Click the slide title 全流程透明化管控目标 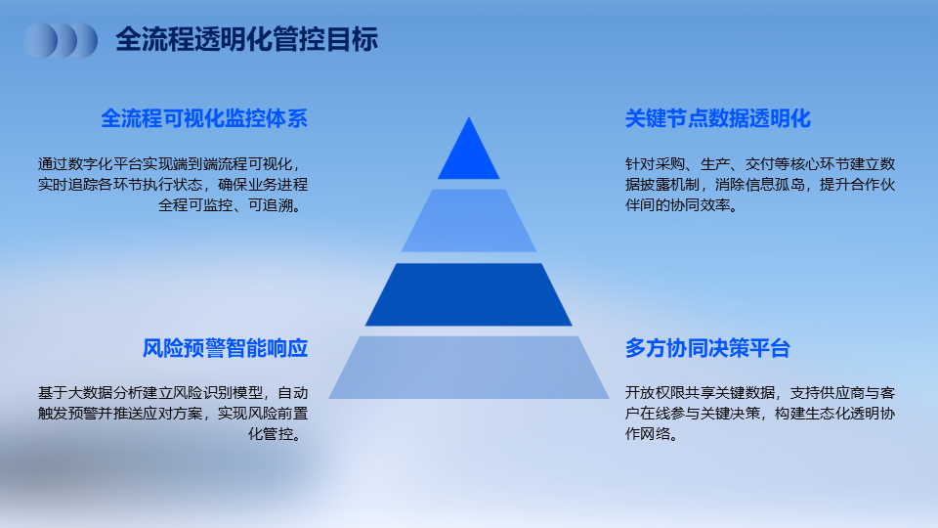246,39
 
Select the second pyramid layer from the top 468,220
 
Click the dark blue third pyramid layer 468,294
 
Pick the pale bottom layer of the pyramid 468,367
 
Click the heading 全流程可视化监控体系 204,118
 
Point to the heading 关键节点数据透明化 718,118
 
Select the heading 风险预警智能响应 225,348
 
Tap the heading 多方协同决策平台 707,348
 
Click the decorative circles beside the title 61,41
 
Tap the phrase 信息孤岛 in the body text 775,185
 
